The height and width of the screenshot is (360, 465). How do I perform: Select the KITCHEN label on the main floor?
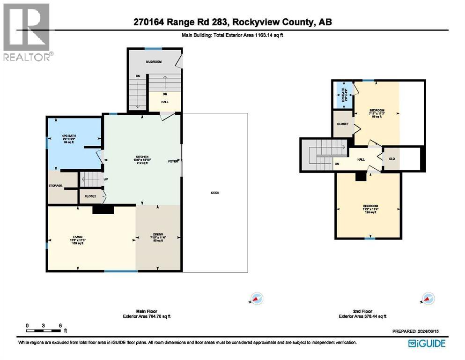click(x=142, y=157)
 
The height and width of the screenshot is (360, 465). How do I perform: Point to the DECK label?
click(x=215, y=193)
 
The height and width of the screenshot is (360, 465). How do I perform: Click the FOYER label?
click(x=173, y=161)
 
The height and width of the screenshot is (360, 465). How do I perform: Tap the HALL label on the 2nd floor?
click(x=361, y=159)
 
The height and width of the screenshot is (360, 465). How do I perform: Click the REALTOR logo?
click(x=27, y=32)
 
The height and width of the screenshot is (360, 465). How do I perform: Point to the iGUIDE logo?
click(x=427, y=343)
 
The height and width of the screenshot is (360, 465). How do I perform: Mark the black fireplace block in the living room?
click(x=103, y=210)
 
